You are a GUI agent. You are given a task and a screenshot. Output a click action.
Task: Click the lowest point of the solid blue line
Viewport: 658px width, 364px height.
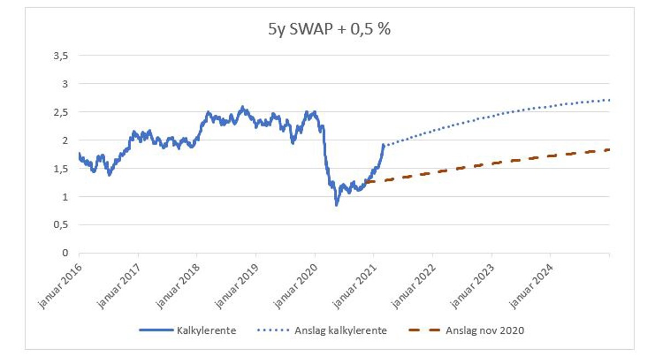click(x=337, y=205)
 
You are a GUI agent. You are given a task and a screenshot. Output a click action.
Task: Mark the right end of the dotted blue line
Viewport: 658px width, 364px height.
click(x=609, y=100)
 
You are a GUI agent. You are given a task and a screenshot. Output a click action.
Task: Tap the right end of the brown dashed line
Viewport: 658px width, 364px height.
click(x=609, y=150)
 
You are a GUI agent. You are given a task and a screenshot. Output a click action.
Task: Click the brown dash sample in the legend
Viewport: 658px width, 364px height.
click(x=424, y=331)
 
